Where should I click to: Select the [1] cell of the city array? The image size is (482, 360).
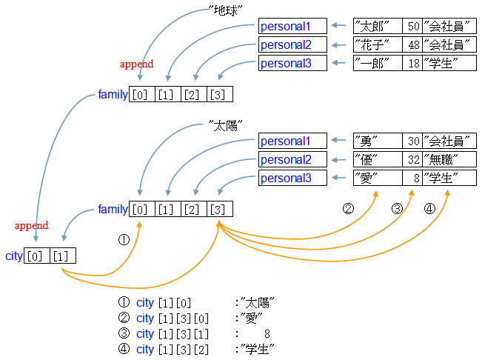click(62, 256)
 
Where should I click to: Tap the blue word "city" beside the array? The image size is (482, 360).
click(13, 256)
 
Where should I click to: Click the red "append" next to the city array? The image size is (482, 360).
click(31, 225)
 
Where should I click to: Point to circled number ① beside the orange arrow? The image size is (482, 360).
click(124, 240)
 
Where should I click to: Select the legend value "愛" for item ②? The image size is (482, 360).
click(255, 318)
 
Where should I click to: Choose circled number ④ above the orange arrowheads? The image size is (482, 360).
click(429, 209)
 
